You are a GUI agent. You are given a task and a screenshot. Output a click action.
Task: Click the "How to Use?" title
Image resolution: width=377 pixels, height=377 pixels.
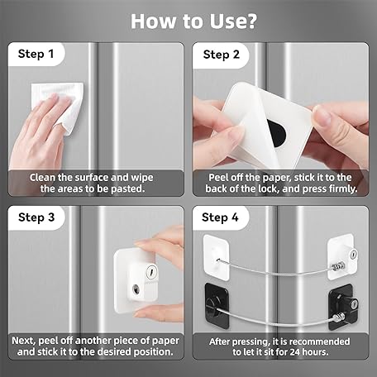(193, 21)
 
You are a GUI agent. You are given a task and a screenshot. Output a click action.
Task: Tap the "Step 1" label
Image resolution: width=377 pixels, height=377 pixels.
(36, 54)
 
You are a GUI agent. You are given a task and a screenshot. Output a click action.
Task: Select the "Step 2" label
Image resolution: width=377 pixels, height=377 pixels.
(222, 55)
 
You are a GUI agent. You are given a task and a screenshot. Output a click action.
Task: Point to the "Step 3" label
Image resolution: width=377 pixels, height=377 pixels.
(36, 217)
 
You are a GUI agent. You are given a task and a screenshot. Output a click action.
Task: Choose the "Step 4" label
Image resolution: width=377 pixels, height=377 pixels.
(220, 217)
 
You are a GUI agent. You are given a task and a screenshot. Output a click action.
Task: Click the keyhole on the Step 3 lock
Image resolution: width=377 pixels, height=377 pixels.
(151, 271)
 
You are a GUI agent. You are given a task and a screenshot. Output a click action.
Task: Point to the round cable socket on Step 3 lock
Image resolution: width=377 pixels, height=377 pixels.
(136, 289)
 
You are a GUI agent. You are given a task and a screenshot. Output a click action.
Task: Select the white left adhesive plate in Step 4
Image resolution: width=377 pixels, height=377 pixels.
(216, 258)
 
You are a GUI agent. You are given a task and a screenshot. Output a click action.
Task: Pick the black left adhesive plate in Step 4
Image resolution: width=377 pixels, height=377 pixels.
(217, 306)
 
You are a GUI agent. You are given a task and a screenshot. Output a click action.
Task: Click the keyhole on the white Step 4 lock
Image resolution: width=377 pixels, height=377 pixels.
(354, 254)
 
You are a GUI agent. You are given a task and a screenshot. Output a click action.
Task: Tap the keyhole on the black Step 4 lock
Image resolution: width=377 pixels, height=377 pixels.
(354, 303)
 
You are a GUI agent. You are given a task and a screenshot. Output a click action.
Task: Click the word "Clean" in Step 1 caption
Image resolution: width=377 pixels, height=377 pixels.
(42, 178)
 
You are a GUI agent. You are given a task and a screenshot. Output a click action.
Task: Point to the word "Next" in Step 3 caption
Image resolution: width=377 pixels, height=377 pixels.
(23, 341)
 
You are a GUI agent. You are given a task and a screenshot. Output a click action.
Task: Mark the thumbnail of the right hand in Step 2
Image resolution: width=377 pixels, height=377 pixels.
(322, 114)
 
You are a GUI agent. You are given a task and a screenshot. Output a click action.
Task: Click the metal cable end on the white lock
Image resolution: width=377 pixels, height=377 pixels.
(338, 266)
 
